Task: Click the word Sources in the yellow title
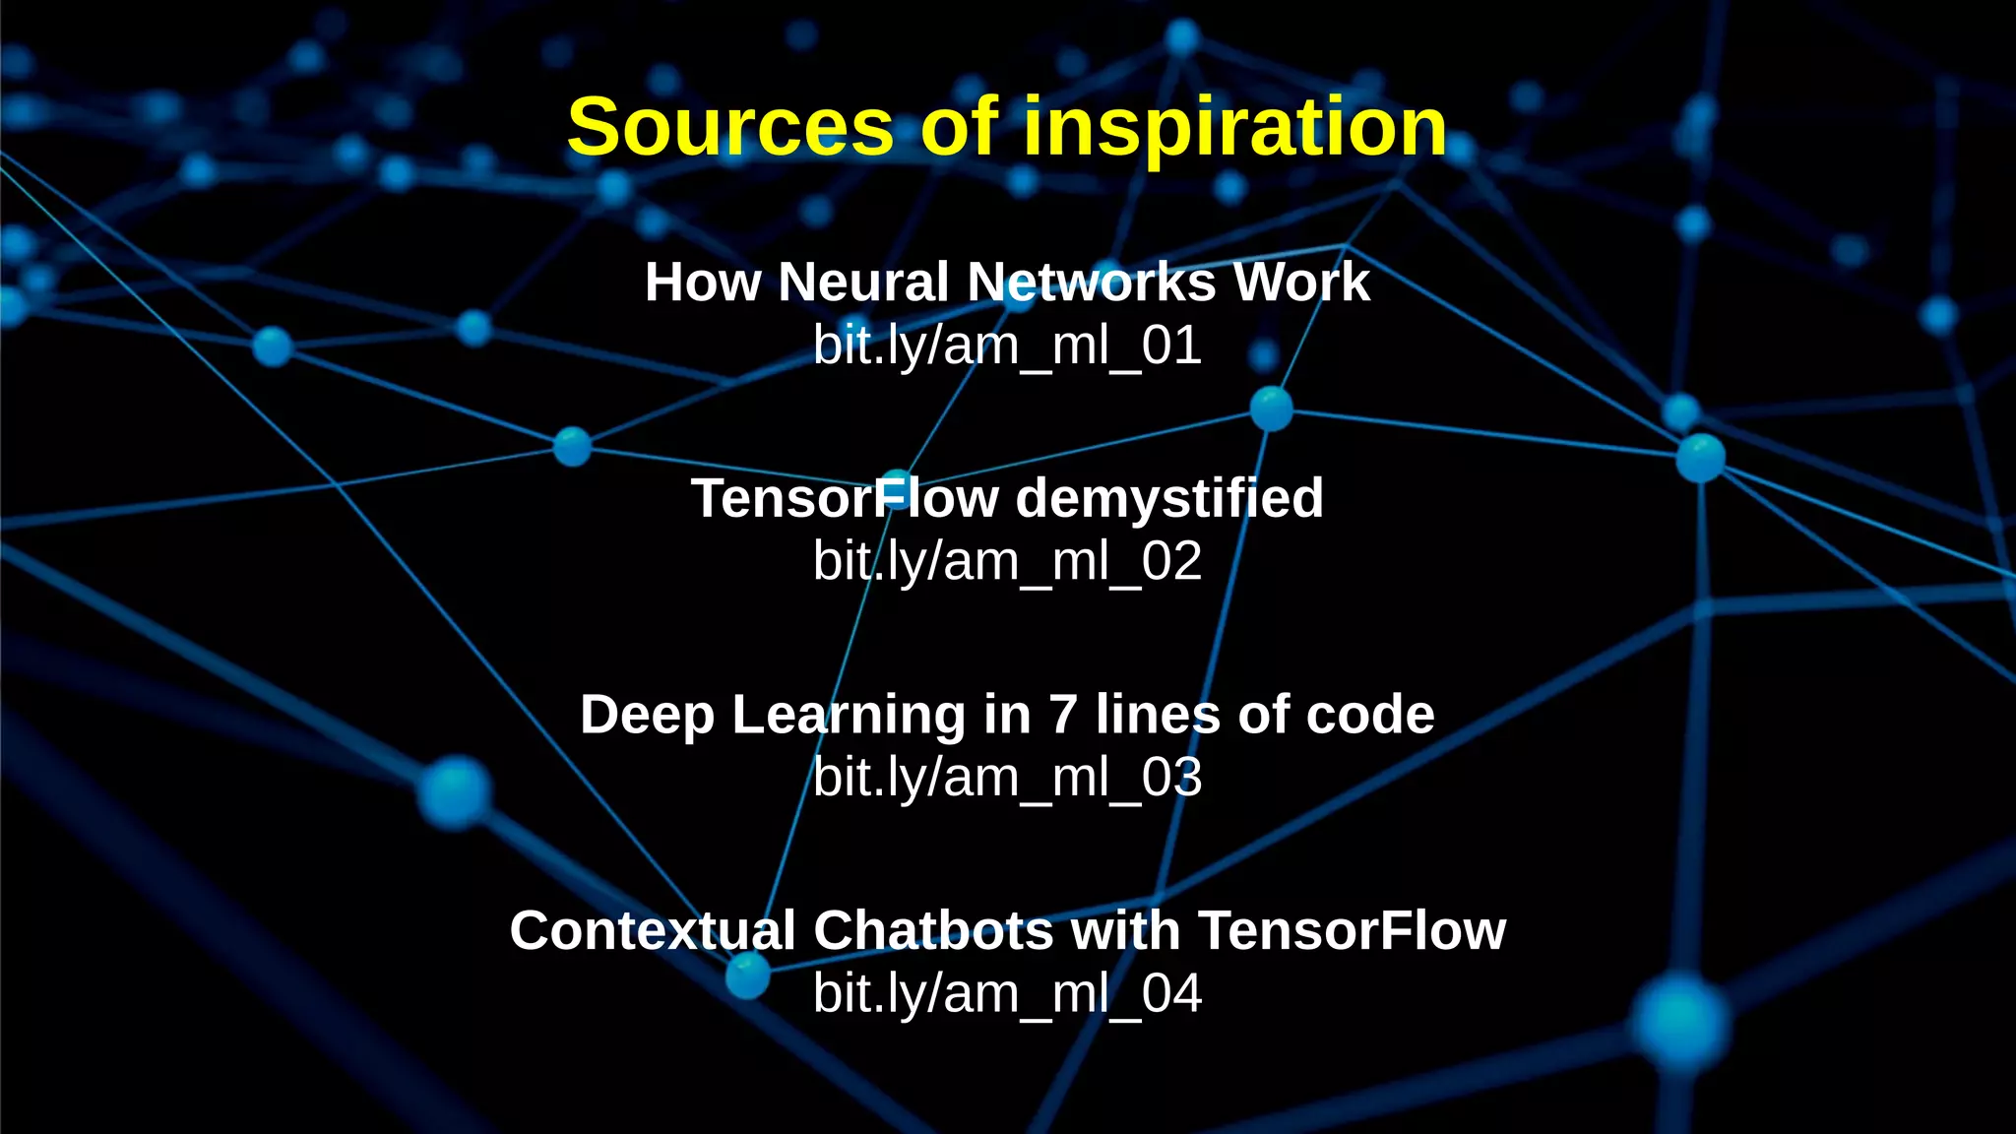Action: pyautogui.click(x=729, y=128)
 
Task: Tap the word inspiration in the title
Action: pyautogui.click(x=1235, y=128)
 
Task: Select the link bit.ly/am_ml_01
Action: pyautogui.click(x=1007, y=346)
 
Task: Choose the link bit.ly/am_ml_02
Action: pyautogui.click(x=1007, y=561)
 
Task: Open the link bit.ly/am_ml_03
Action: pyautogui.click(x=1007, y=778)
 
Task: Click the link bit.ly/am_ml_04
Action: pyautogui.click(x=1007, y=993)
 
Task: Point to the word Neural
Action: pyautogui.click(x=863, y=283)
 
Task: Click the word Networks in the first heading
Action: pyautogui.click(x=1092, y=283)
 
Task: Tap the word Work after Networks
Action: pyautogui.click(x=1301, y=283)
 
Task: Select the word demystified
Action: pyautogui.click(x=1169, y=499)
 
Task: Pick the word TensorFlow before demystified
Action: pyautogui.click(x=845, y=499)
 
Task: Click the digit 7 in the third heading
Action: pyautogui.click(x=1063, y=715)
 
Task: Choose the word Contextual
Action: pyautogui.click(x=652, y=931)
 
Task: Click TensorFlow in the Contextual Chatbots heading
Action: pyautogui.click(x=1352, y=931)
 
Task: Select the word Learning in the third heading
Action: pyautogui.click(x=849, y=715)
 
